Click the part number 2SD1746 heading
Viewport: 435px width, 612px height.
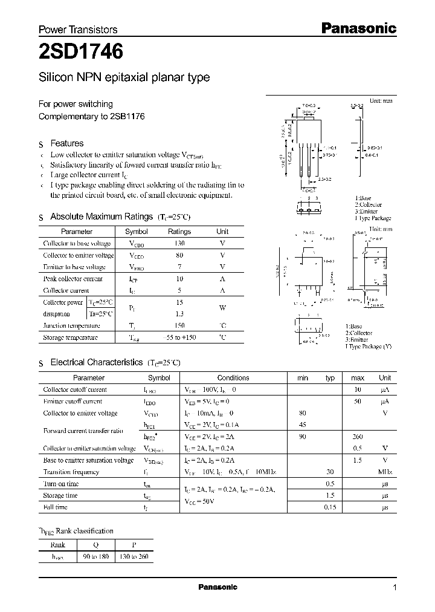coord(81,53)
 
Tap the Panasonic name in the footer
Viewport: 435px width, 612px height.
coord(218,587)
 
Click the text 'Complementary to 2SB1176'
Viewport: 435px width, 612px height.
coord(91,116)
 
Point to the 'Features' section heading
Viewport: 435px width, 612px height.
coord(67,143)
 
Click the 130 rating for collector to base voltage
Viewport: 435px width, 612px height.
coord(179,243)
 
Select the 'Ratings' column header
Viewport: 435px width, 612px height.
coord(179,232)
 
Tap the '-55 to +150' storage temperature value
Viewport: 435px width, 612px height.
coord(179,337)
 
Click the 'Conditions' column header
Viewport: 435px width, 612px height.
coord(233,378)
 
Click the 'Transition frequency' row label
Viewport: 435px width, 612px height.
coord(71,472)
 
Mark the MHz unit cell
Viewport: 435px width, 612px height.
coord(385,472)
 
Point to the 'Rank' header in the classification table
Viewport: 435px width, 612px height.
coord(57,544)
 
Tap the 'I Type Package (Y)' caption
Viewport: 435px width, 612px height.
coord(369,346)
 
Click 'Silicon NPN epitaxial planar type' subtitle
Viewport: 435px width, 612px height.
coord(124,77)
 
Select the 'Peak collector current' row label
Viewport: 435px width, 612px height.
coord(73,279)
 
